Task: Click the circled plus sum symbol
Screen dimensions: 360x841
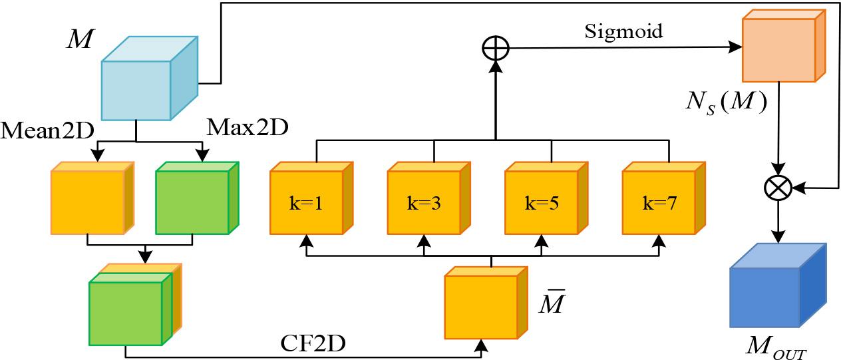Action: click(494, 47)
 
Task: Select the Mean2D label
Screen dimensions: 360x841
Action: click(47, 128)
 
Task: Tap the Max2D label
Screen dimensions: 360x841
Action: click(247, 127)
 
